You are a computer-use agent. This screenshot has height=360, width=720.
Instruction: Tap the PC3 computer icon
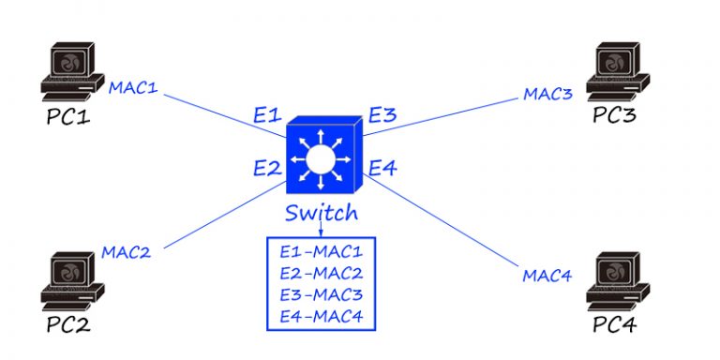[x=617, y=73]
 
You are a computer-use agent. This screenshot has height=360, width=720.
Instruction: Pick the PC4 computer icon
[x=616, y=280]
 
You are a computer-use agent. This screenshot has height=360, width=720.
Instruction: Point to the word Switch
[x=322, y=214]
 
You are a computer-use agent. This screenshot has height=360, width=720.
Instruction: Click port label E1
[x=267, y=117]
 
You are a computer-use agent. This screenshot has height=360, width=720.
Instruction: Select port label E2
[x=267, y=169]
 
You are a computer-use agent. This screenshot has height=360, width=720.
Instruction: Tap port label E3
[x=382, y=116]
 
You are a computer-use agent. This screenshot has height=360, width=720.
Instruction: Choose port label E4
[x=382, y=169]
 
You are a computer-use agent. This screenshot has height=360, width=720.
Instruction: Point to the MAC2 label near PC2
[x=126, y=251]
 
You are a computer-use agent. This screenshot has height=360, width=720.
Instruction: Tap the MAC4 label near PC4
[x=548, y=276]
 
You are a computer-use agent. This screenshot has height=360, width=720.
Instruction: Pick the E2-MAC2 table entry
[x=321, y=274]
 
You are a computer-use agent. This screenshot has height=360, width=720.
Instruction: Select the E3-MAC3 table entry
[x=321, y=295]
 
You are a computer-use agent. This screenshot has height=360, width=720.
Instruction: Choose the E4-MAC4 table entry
[x=321, y=317]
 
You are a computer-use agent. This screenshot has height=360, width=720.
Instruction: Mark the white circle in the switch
[x=320, y=160]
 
